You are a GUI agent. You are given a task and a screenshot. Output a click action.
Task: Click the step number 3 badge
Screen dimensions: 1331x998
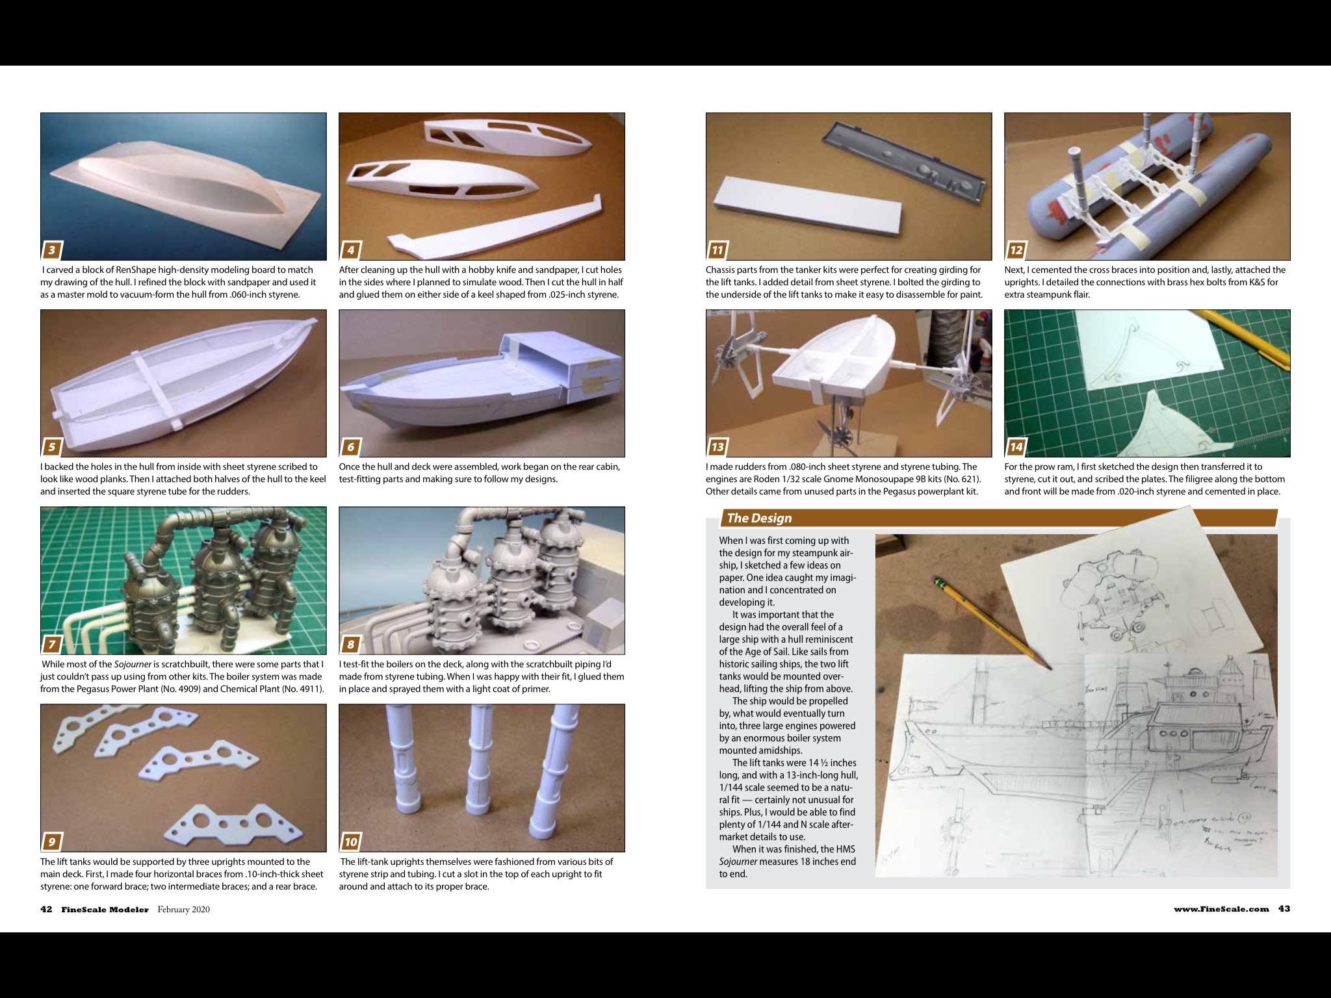[x=52, y=249]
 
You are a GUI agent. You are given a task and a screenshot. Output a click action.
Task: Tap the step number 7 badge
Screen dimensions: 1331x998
[x=52, y=644]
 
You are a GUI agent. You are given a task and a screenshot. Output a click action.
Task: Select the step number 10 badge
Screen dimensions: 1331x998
[x=351, y=841]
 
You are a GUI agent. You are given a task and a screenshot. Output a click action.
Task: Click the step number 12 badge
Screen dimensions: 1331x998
[x=1016, y=249]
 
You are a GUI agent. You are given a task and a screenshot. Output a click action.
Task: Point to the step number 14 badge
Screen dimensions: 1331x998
[x=1016, y=446]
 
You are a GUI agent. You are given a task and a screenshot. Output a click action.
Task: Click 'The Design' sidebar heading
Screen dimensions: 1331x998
[x=759, y=518]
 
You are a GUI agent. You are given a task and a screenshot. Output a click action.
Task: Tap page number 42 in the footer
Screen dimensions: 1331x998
[x=46, y=909]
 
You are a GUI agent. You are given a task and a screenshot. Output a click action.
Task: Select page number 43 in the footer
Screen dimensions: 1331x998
[x=1284, y=909]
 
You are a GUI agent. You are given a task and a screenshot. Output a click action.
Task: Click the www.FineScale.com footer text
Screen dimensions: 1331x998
[x=1221, y=909]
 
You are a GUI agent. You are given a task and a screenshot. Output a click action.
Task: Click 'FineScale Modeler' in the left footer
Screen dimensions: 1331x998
[x=105, y=909]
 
